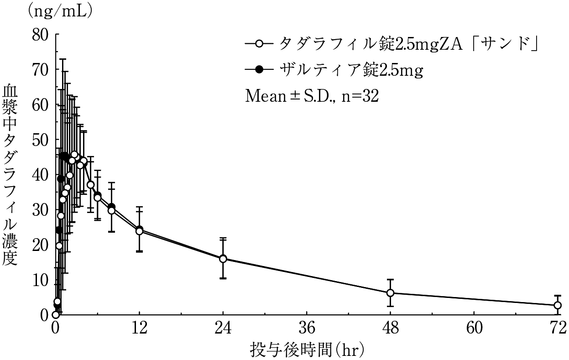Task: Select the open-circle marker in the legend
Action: [x=259, y=44]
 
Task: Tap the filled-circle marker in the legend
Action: [x=259, y=70]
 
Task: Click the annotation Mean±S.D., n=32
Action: [x=312, y=96]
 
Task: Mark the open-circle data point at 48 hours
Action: [x=390, y=293]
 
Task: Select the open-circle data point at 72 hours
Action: [x=557, y=305]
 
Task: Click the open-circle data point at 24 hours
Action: [x=223, y=259]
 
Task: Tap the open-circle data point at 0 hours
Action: [x=56, y=315]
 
